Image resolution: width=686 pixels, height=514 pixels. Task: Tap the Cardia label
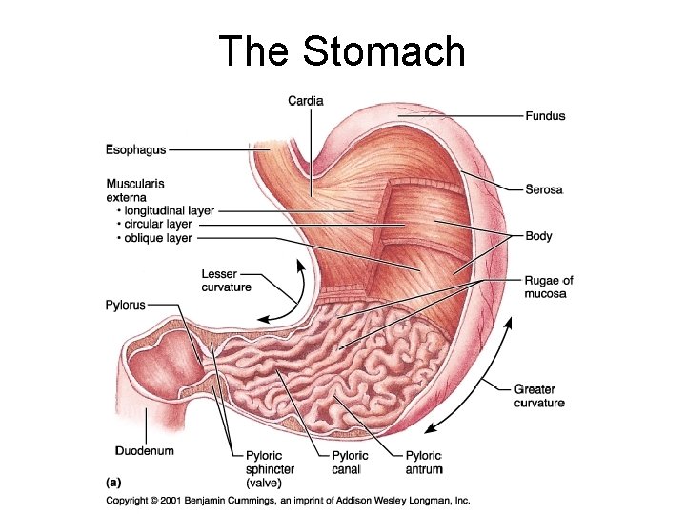point(306,101)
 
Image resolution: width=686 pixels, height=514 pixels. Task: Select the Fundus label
point(545,116)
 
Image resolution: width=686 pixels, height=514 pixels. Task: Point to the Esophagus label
point(135,149)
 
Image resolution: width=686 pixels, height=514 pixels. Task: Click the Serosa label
point(545,189)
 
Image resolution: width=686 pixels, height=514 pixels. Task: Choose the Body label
point(538,235)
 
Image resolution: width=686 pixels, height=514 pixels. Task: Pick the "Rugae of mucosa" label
point(549,287)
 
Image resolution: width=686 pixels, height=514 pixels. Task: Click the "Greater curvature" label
point(539,396)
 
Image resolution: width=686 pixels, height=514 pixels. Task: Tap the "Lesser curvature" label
point(226,281)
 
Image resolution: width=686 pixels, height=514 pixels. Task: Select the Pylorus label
point(125,306)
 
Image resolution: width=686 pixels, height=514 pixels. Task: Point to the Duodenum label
point(144,449)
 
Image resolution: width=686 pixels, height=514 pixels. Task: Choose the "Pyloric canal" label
point(350,463)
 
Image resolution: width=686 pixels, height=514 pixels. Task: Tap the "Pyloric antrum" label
point(424,463)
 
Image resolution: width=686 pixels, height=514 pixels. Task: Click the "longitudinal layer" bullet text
point(170,210)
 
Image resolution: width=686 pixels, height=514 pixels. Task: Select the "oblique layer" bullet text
point(158,238)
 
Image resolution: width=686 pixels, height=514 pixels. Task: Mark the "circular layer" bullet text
point(158,225)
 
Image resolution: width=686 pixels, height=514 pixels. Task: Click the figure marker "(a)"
point(112,482)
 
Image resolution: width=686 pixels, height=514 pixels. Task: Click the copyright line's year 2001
point(173,501)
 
